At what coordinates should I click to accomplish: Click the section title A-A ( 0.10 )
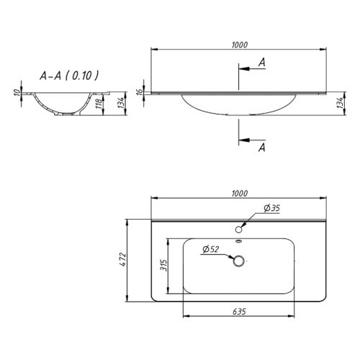(x=69, y=76)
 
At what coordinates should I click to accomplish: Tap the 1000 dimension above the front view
(x=240, y=45)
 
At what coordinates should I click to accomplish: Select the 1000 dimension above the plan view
(x=240, y=194)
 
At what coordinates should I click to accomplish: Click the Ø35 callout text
(x=272, y=208)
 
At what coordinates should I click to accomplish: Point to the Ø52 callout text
(x=211, y=249)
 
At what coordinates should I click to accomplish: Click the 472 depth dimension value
(x=122, y=260)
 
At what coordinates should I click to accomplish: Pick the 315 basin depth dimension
(x=163, y=265)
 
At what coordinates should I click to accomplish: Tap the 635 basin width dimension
(x=239, y=312)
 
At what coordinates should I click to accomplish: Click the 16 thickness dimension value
(x=140, y=91)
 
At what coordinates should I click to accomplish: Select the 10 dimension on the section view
(x=17, y=92)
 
